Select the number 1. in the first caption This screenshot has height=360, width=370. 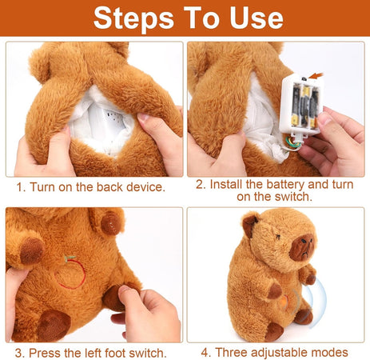point(22,187)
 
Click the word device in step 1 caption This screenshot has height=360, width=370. point(143,187)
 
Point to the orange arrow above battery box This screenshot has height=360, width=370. point(317,76)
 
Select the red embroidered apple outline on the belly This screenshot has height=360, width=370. point(70,272)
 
